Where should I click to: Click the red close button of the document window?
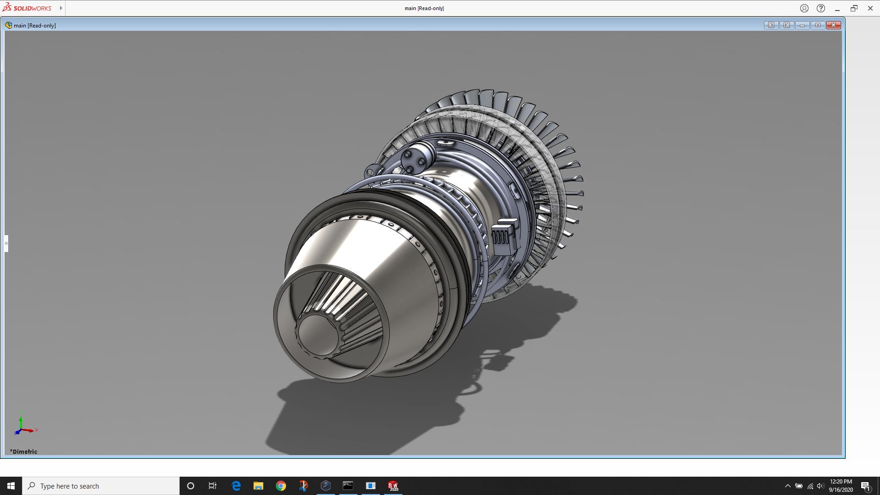[833, 25]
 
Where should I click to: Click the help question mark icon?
[821, 8]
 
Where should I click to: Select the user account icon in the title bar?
[804, 8]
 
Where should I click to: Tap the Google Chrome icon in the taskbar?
[281, 486]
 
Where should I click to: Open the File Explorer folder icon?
[258, 486]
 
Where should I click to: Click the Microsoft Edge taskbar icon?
[236, 486]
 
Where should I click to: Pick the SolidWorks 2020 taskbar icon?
[393, 486]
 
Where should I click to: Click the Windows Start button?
[11, 486]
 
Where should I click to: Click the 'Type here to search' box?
[101, 486]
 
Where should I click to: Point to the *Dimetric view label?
[24, 451]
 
